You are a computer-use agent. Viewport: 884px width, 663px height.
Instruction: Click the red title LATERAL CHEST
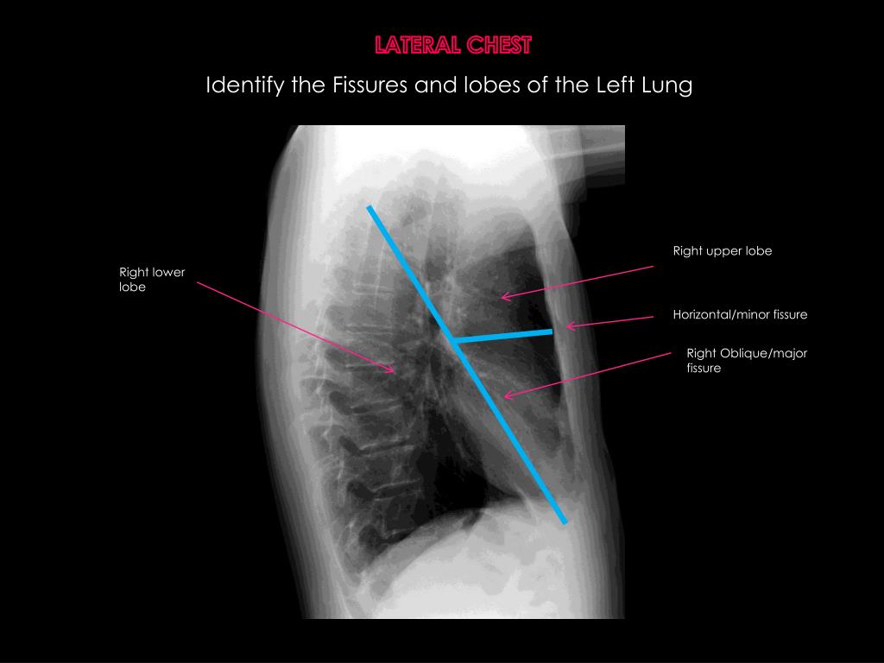453,45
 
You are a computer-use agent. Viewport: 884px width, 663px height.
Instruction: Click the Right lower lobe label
152,280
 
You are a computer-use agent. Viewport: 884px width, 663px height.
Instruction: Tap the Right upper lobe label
722,251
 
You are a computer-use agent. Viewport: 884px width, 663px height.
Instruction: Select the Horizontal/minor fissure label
740,315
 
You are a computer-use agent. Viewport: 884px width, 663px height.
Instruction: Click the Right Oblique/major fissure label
746,361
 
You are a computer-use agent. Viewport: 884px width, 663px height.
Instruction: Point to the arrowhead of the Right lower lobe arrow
394,371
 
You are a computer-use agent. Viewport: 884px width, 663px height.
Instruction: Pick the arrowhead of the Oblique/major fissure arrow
506,396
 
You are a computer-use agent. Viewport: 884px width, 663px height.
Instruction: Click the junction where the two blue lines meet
452,341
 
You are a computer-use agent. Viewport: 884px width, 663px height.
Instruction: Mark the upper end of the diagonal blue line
369,207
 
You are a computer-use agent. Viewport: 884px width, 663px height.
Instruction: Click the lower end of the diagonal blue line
565,521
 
